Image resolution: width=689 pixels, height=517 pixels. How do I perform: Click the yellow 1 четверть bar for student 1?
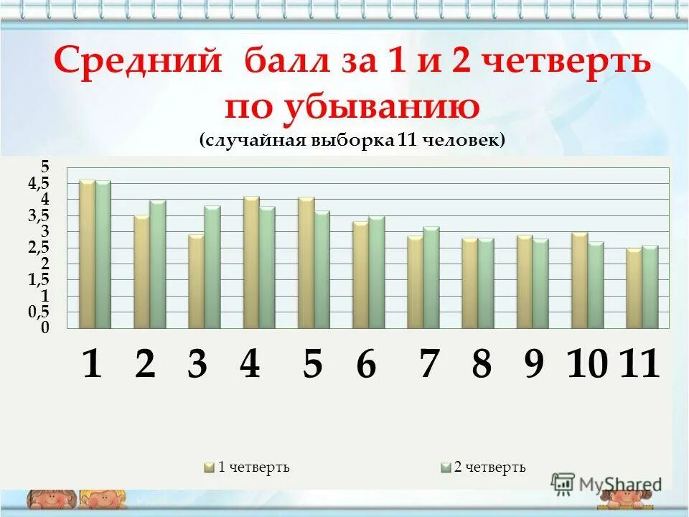87,254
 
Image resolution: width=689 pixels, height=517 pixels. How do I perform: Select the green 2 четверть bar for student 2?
158,264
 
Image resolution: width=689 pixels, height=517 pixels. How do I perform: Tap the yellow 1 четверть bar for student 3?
196,281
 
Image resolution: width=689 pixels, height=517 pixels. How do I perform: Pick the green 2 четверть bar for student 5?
322,269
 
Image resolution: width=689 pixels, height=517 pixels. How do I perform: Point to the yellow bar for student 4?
251,262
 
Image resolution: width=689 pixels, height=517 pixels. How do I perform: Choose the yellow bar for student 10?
579,280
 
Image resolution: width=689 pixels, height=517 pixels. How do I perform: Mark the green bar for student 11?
650,287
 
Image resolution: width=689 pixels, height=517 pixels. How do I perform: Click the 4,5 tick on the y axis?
39,184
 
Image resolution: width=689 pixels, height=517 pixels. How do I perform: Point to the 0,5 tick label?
39,312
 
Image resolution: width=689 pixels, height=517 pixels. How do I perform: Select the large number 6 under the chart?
366,365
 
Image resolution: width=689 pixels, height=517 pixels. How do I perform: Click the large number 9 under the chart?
534,365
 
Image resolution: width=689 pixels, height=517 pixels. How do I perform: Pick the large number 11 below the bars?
639,364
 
